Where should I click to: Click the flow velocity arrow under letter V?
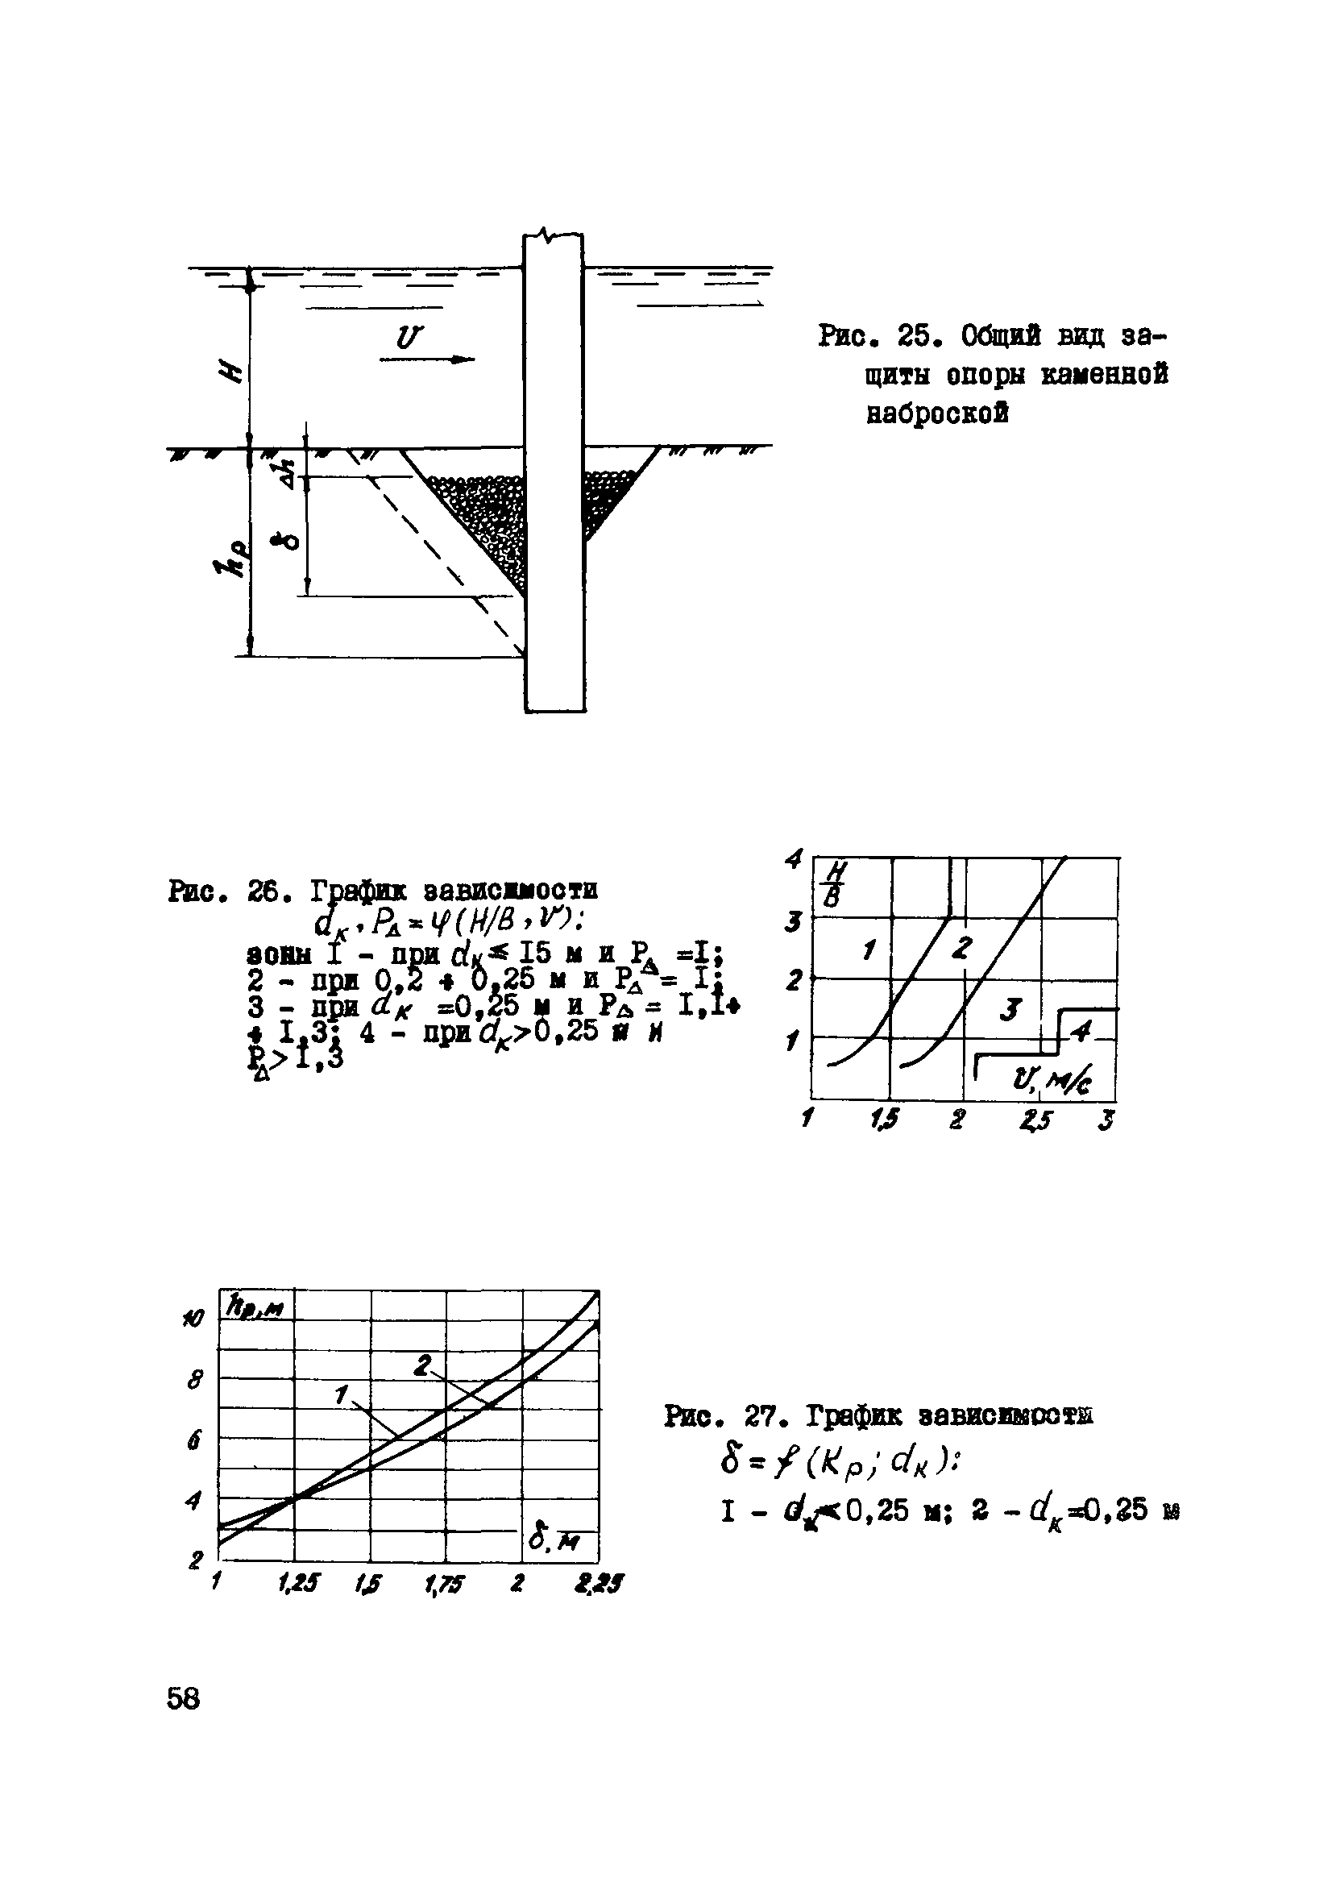pyautogui.click(x=427, y=359)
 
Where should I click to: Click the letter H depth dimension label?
pyautogui.click(x=234, y=362)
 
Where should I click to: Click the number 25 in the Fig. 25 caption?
pyautogui.click(x=918, y=338)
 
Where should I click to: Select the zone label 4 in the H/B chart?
pyautogui.click(x=1081, y=1031)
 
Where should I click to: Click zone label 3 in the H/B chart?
pyautogui.click(x=1010, y=1009)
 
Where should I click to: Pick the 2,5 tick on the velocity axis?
pyautogui.click(x=1035, y=1120)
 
